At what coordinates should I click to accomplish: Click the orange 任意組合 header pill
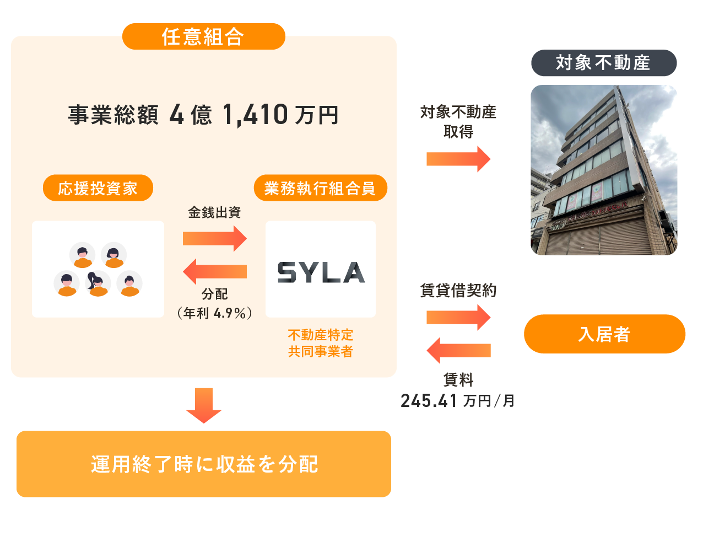203,36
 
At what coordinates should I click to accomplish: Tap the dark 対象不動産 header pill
603,63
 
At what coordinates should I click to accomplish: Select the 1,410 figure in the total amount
255,115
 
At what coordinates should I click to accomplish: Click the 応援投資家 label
98,189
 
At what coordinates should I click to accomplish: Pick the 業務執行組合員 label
320,189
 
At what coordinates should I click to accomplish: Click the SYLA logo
321,272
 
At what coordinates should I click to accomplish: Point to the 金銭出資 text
214,212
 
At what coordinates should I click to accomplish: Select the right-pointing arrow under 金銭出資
215,238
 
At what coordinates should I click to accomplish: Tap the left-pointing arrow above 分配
215,271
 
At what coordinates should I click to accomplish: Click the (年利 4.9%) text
214,313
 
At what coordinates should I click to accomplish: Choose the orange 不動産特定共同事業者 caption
320,343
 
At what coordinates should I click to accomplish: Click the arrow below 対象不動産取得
458,159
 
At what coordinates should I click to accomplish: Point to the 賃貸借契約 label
458,291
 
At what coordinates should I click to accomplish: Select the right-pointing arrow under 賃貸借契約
458,317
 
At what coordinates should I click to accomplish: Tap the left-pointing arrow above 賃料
458,350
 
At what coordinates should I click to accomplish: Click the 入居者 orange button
604,334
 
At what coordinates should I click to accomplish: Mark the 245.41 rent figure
429,401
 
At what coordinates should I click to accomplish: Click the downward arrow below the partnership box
204,405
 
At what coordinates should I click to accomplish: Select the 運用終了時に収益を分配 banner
204,464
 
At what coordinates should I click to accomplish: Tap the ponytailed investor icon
98,283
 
